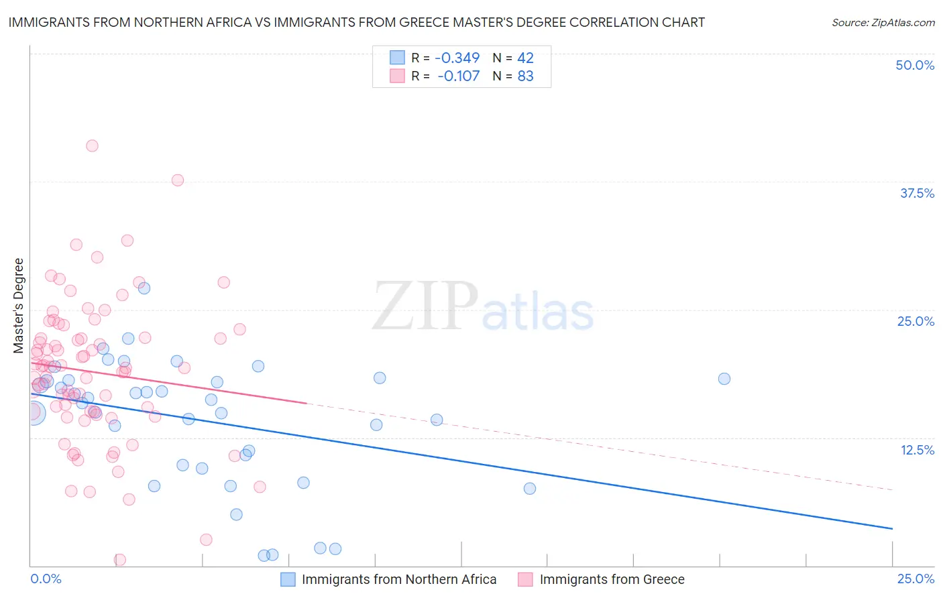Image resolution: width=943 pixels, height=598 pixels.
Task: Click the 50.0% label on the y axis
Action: (x=915, y=65)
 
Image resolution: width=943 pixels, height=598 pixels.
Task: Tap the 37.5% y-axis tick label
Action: (x=917, y=193)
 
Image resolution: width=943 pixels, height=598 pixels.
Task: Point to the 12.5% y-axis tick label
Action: (x=917, y=450)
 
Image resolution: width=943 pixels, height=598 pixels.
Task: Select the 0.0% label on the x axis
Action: (x=46, y=579)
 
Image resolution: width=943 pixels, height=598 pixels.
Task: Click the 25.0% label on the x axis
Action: (x=916, y=579)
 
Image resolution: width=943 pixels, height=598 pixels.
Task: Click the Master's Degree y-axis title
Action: (x=19, y=306)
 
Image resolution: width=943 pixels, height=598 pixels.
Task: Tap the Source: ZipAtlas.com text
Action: (x=883, y=22)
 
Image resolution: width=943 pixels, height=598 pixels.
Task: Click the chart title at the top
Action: (x=356, y=22)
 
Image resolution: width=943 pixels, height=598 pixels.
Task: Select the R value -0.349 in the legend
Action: (x=458, y=58)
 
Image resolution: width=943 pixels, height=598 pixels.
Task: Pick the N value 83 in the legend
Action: (x=525, y=76)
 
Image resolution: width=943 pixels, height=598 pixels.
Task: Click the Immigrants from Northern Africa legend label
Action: (x=399, y=579)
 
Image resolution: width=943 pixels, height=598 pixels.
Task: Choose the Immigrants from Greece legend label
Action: (x=612, y=579)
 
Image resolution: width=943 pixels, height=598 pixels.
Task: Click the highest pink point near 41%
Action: (x=92, y=145)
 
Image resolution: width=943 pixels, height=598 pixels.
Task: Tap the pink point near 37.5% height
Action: (x=178, y=180)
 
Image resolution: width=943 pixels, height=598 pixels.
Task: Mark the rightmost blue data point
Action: (x=724, y=379)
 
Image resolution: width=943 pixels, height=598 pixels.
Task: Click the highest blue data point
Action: (x=144, y=288)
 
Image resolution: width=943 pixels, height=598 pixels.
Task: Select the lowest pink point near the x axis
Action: (x=120, y=559)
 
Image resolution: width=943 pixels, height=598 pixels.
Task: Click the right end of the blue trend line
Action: (x=892, y=529)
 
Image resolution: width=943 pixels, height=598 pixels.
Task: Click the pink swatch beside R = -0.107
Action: (x=397, y=76)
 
